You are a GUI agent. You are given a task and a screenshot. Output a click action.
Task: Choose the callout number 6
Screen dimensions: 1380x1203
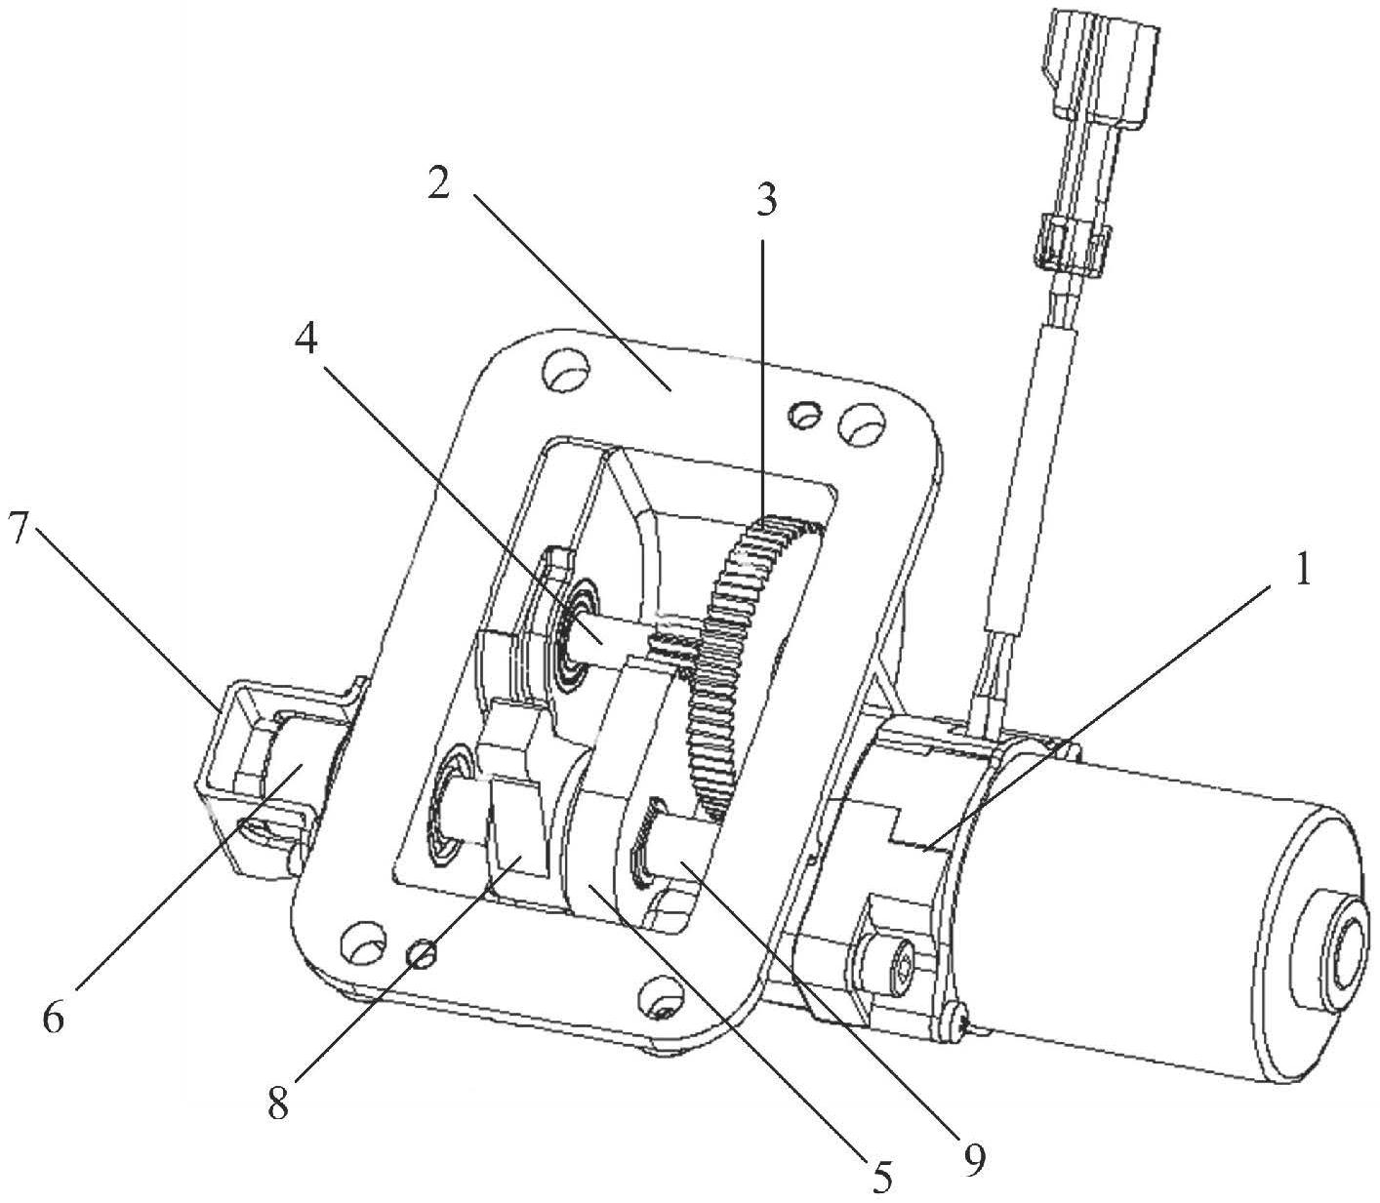pyautogui.click(x=54, y=1019)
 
